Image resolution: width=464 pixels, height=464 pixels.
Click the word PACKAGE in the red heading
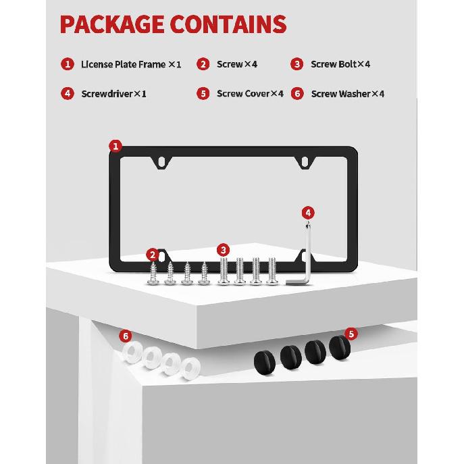112,24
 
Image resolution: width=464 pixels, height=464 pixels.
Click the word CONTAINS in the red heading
228,24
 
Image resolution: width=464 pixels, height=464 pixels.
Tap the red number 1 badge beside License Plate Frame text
68,64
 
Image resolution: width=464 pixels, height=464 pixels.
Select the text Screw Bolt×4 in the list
340,64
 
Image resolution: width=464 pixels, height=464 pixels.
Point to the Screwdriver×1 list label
114,94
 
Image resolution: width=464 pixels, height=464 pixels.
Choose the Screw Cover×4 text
250,93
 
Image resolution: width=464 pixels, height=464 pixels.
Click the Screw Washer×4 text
348,94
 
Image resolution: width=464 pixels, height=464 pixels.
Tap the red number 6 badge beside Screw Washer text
297,93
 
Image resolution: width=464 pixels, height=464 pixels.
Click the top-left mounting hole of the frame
161,161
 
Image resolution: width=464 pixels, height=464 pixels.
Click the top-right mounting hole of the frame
305,161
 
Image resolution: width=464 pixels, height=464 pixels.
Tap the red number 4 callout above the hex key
308,213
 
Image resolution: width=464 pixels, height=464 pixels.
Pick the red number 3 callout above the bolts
223,250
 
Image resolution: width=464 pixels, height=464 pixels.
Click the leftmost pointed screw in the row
153,274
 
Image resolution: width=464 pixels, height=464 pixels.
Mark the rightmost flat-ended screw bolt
272,271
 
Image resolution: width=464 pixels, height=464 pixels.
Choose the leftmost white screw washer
132,352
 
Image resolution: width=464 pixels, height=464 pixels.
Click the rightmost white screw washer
190,368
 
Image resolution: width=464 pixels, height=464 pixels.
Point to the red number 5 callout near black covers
351,334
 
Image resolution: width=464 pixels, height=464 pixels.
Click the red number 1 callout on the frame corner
115,146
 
